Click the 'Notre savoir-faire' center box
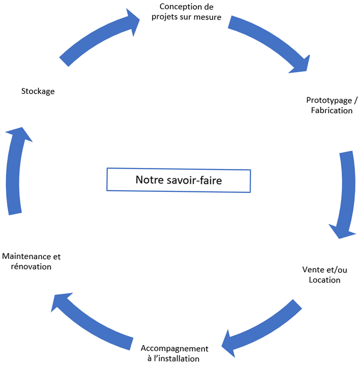[178, 180]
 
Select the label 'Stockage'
[38, 92]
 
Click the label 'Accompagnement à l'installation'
[174, 353]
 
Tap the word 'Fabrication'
[332, 110]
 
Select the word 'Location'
[324, 280]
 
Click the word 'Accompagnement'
[174, 349]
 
